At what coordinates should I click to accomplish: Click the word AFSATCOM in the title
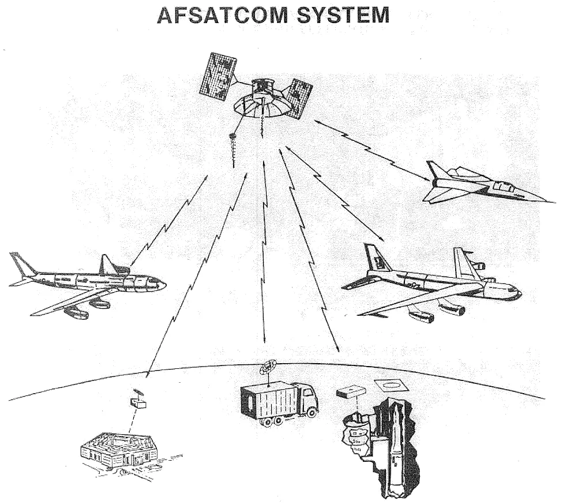pos(222,15)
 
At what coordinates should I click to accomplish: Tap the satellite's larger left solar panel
pos(218,77)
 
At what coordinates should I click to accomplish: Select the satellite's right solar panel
pos(299,99)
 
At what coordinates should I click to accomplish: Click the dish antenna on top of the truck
pos(268,368)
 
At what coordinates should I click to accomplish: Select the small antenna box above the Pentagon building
pos(138,404)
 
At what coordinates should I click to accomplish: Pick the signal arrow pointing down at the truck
pos(264,252)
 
